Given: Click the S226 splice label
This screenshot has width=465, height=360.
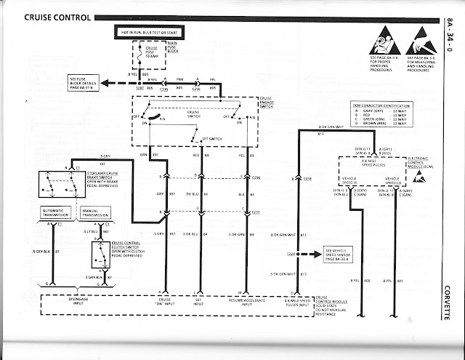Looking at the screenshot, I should click(x=291, y=253).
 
